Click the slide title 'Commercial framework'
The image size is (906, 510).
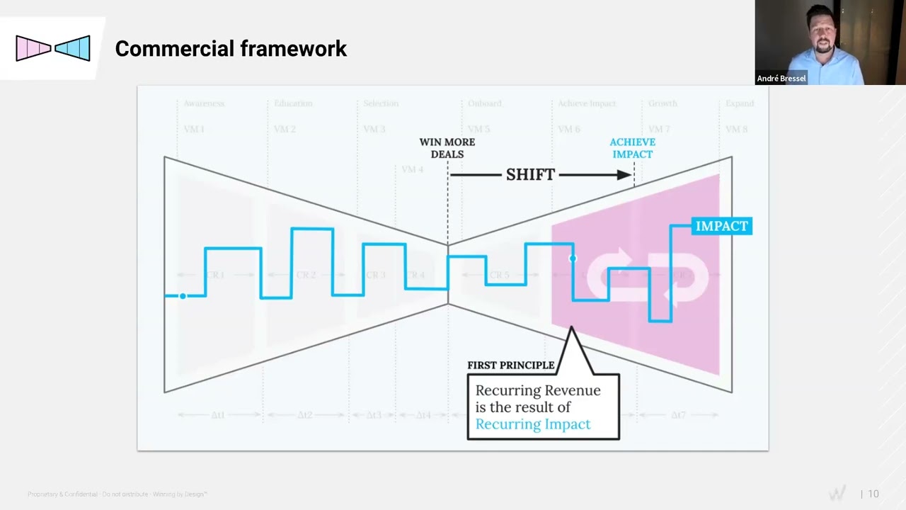[231, 48]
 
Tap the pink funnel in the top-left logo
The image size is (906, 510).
[33, 48]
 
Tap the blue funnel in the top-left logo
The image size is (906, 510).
[74, 48]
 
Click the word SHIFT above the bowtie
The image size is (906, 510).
[530, 175]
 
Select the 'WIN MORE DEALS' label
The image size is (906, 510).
[447, 148]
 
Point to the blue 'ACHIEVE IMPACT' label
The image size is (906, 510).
[632, 148]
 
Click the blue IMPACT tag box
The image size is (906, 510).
[721, 226]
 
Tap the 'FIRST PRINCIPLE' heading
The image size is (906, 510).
[510, 365]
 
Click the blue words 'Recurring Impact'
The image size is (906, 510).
[532, 424]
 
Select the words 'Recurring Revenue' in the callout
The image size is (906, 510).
[537, 390]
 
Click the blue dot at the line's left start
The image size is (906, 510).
[183, 296]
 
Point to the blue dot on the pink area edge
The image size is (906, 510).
[573, 259]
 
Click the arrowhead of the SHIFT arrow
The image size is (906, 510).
[624, 175]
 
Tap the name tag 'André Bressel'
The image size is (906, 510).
[781, 79]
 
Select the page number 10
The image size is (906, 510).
[873, 494]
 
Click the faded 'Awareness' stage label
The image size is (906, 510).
[204, 103]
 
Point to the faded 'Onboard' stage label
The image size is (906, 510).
[485, 103]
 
